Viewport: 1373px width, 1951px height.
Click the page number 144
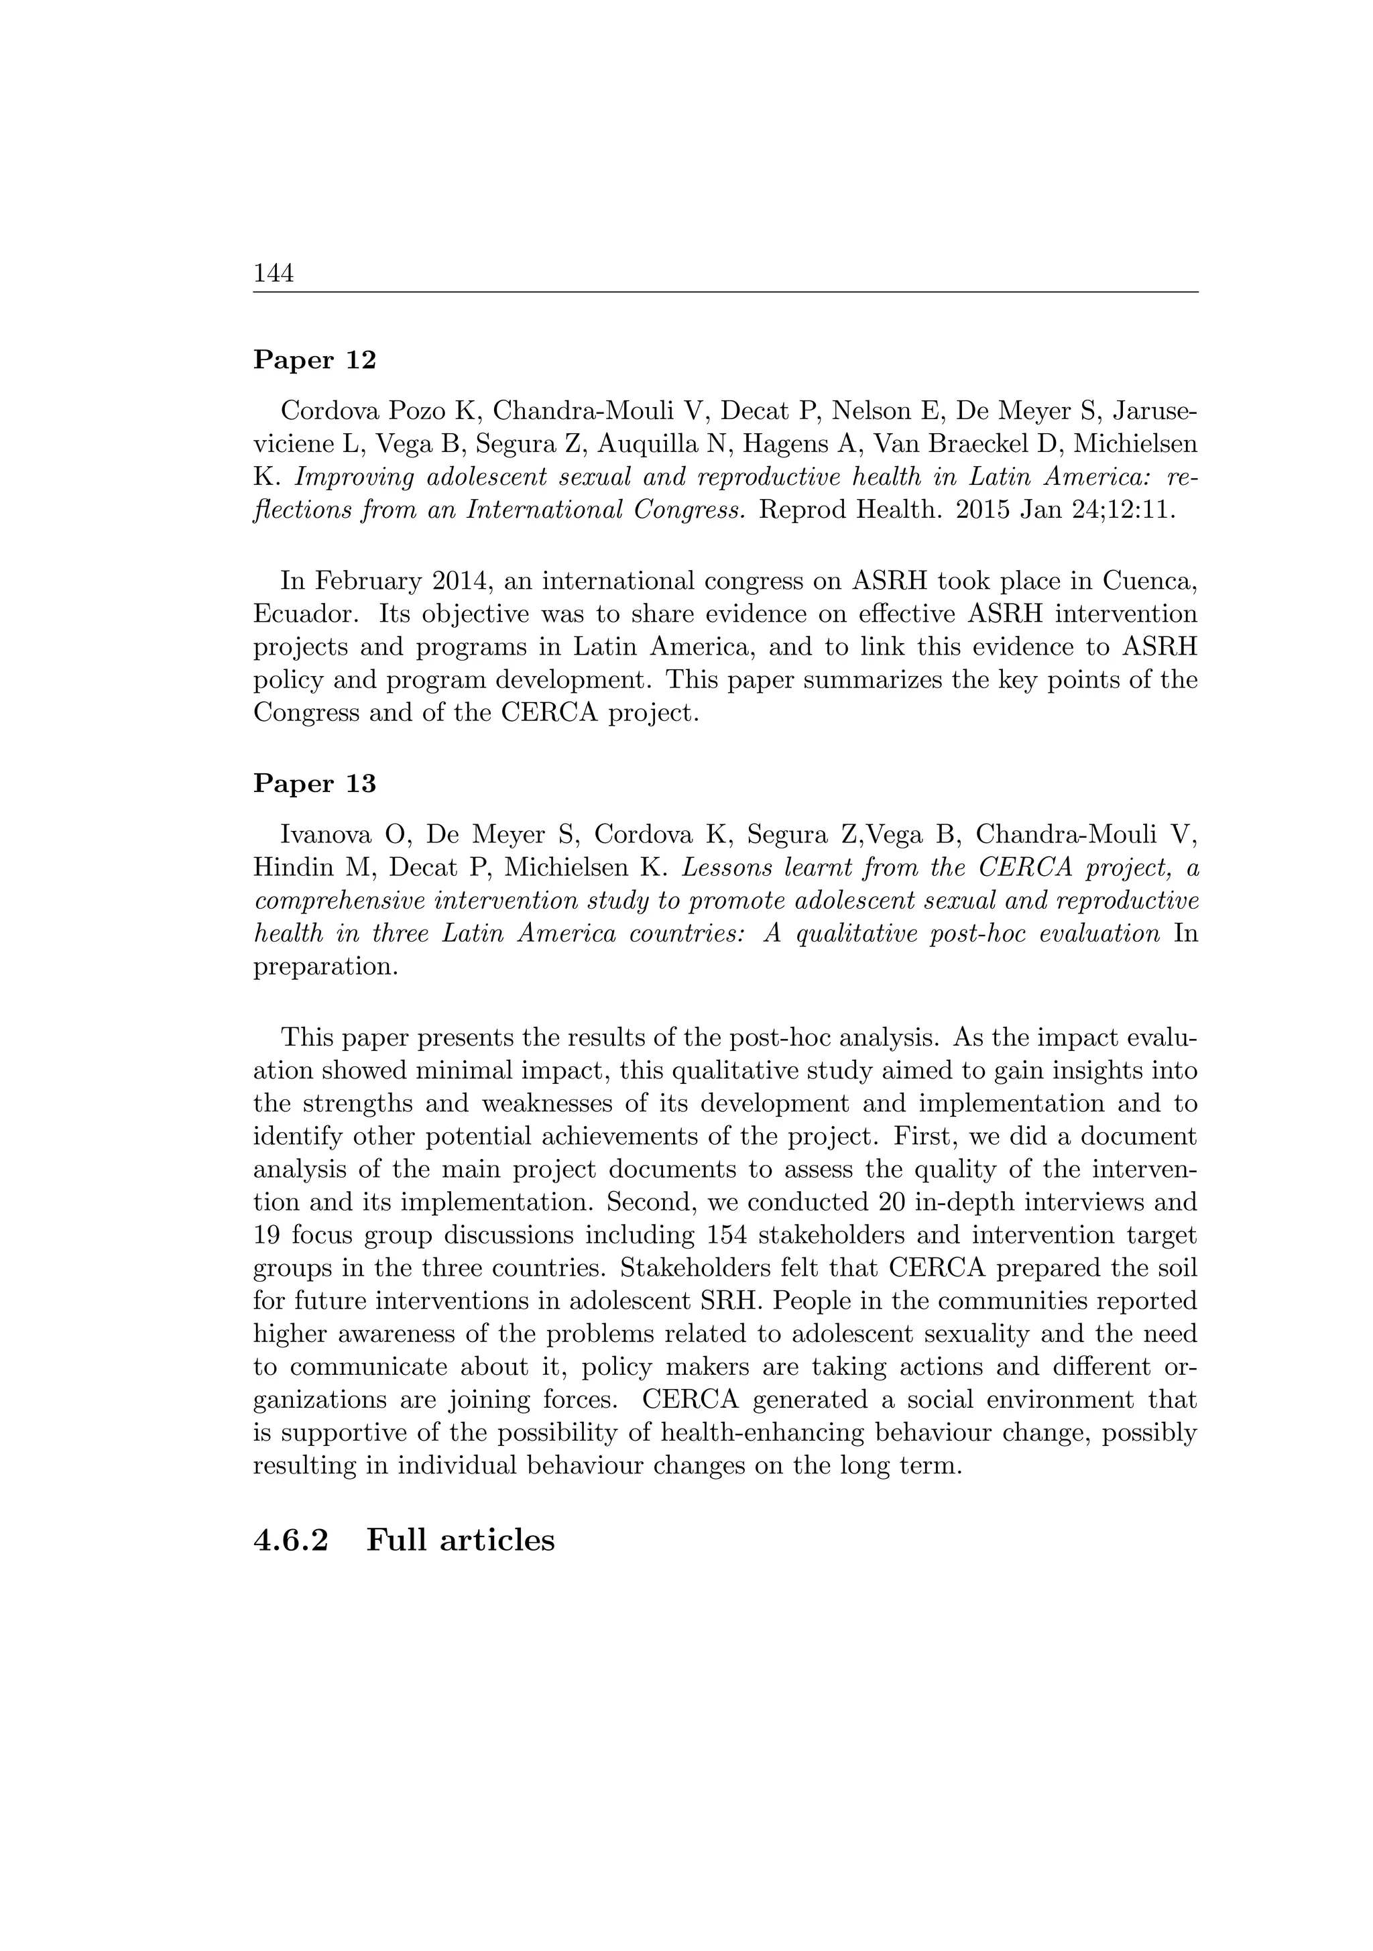(x=274, y=274)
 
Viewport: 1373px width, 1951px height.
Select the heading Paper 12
(x=314, y=360)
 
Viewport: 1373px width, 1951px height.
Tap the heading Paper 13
(x=314, y=783)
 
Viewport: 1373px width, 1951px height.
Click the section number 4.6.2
(x=290, y=1540)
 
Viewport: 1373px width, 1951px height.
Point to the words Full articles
(x=461, y=1540)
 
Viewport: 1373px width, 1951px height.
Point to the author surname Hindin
(x=290, y=869)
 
